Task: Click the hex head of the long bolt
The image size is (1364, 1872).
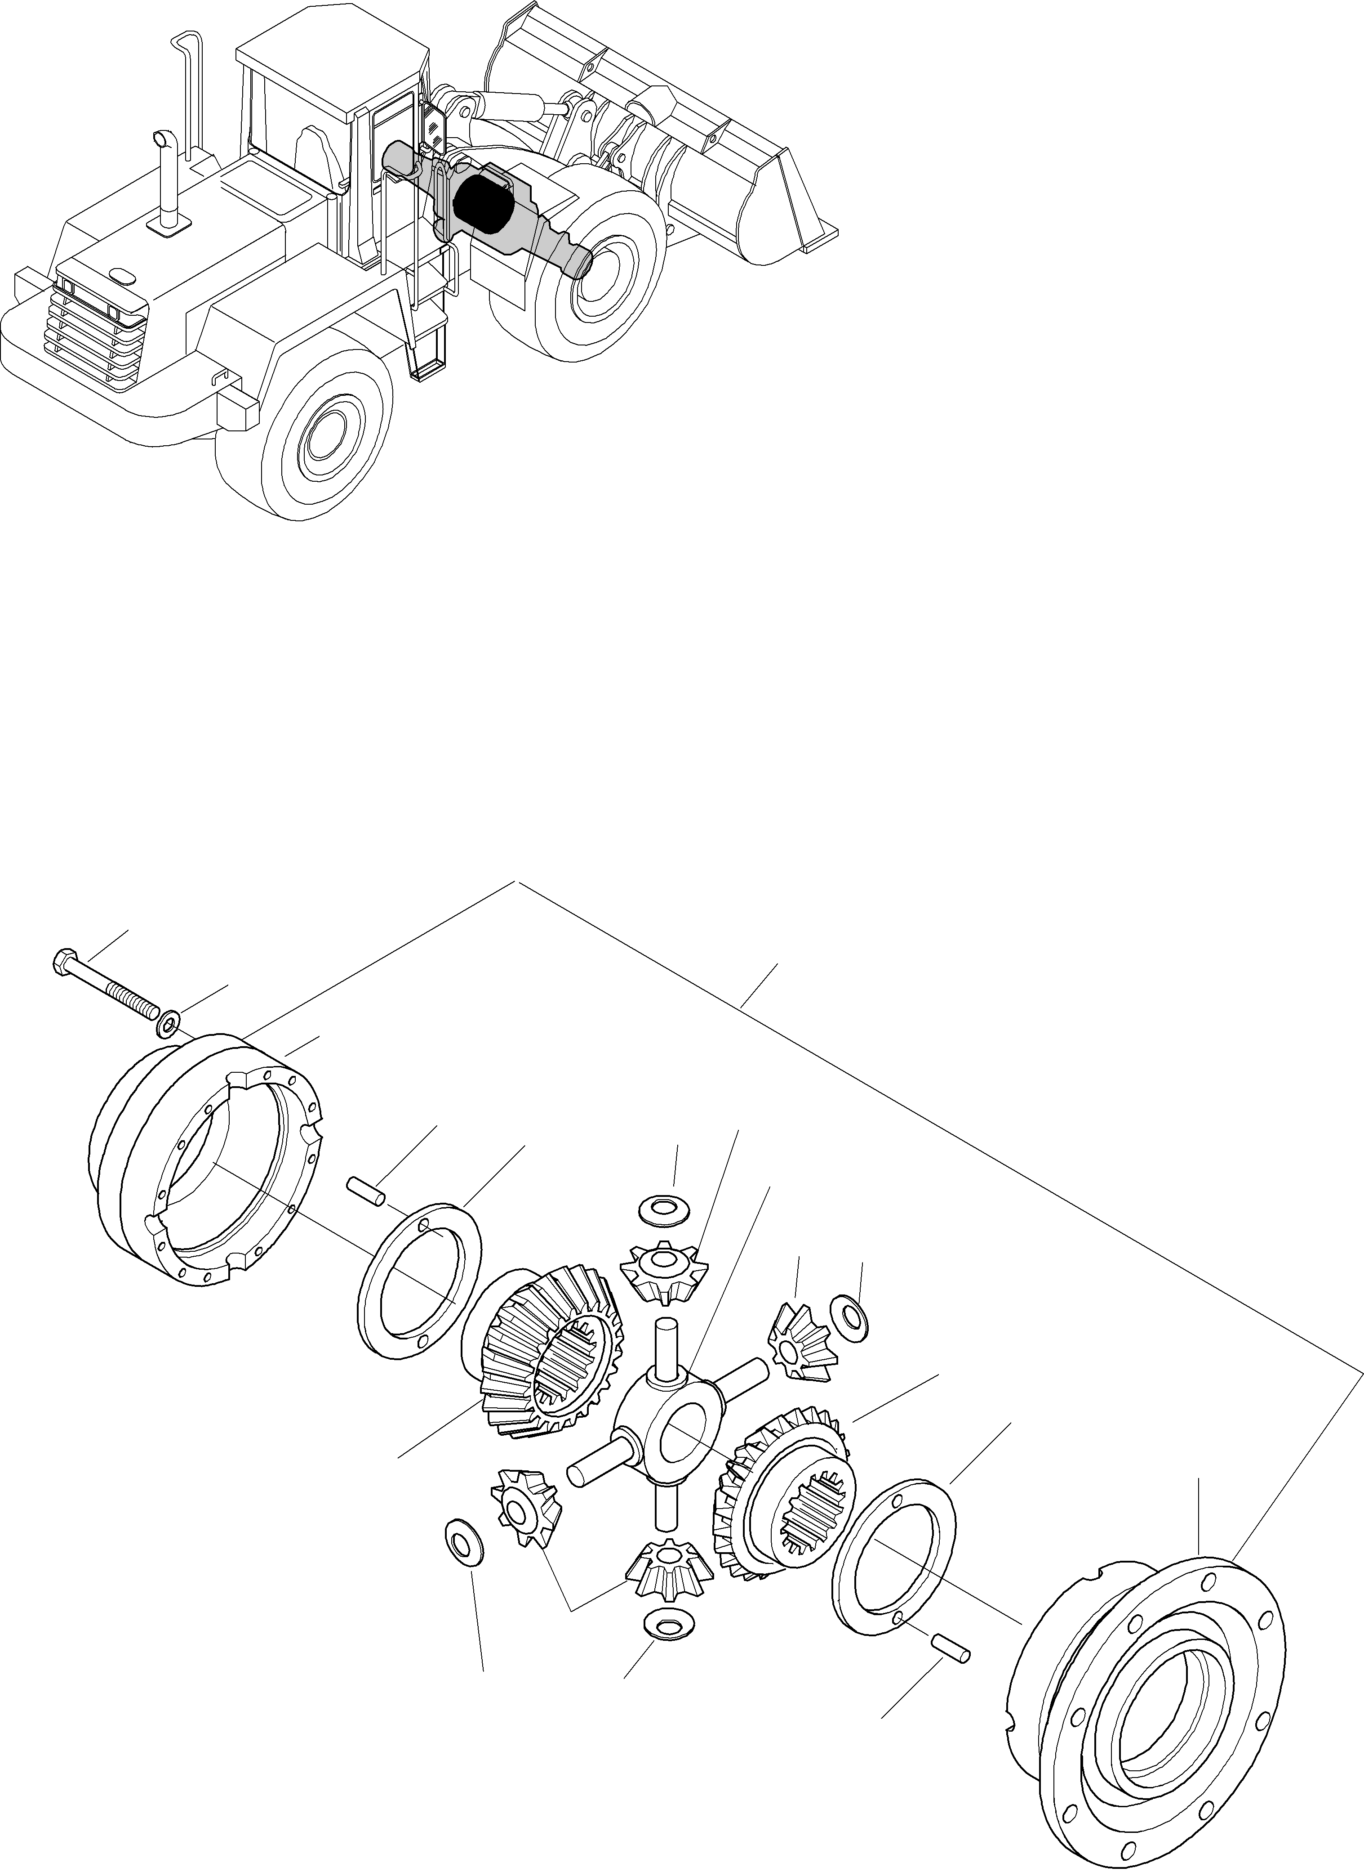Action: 63,963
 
